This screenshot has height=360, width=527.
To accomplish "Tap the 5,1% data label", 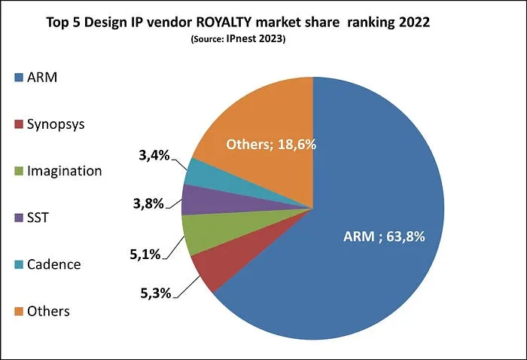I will [144, 254].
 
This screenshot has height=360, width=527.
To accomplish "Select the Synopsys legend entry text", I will [57, 124].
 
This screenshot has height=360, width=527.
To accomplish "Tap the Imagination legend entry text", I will [64, 170].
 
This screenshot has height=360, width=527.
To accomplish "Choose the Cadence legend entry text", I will [53, 264].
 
